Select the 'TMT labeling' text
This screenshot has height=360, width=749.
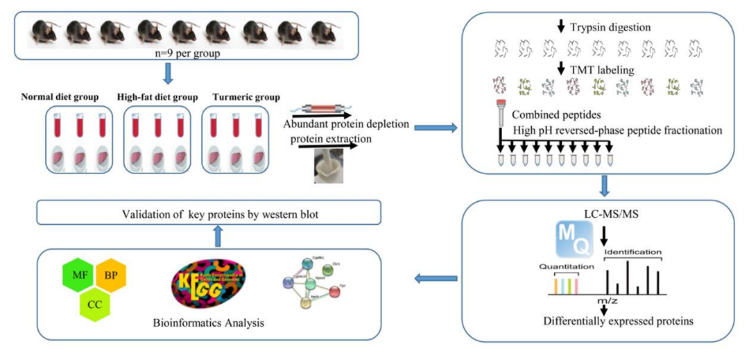point(601,69)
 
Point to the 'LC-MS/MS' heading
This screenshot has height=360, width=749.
point(601,211)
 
